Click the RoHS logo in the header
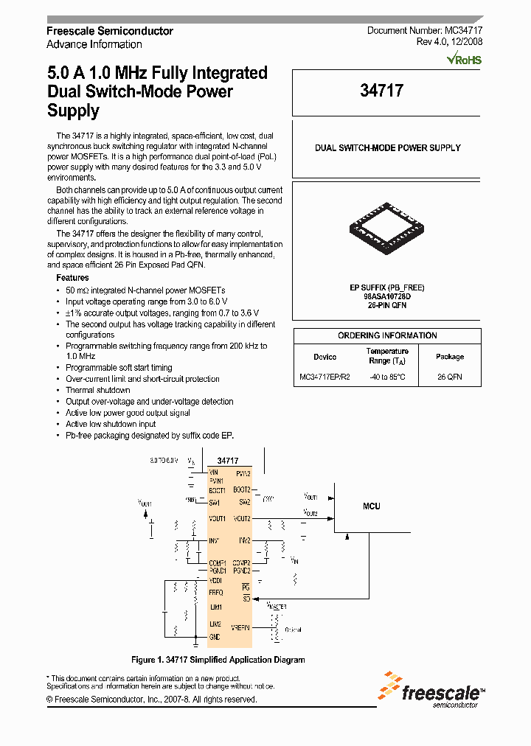coord(465,59)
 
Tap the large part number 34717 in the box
coord(381,91)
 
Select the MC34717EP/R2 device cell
coord(324,377)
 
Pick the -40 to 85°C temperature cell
coord(387,377)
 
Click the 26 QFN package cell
coord(449,377)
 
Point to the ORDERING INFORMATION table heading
coord(387,335)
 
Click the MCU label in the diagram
coord(372,506)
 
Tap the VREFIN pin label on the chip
coord(241,627)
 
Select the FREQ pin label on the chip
coord(215,592)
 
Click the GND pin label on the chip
coord(214,637)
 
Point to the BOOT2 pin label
coord(242,489)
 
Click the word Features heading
coord(72,278)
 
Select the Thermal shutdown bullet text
coord(97,390)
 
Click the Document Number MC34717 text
coord(425,31)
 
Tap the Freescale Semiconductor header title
coord(110,31)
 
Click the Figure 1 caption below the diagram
coord(218,660)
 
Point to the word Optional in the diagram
coord(293,630)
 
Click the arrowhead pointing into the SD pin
coord(256,598)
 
